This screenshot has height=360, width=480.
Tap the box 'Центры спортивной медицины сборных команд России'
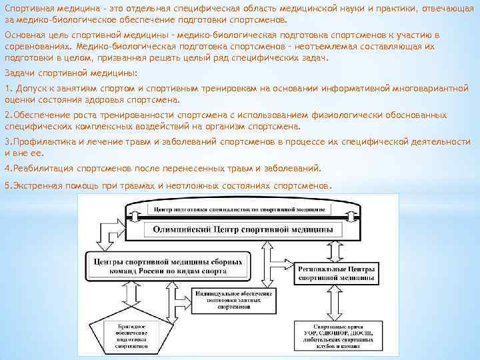tap(169, 267)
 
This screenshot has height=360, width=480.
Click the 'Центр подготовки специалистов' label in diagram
tap(239, 209)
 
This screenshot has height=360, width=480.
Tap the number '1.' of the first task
tap(8, 89)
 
